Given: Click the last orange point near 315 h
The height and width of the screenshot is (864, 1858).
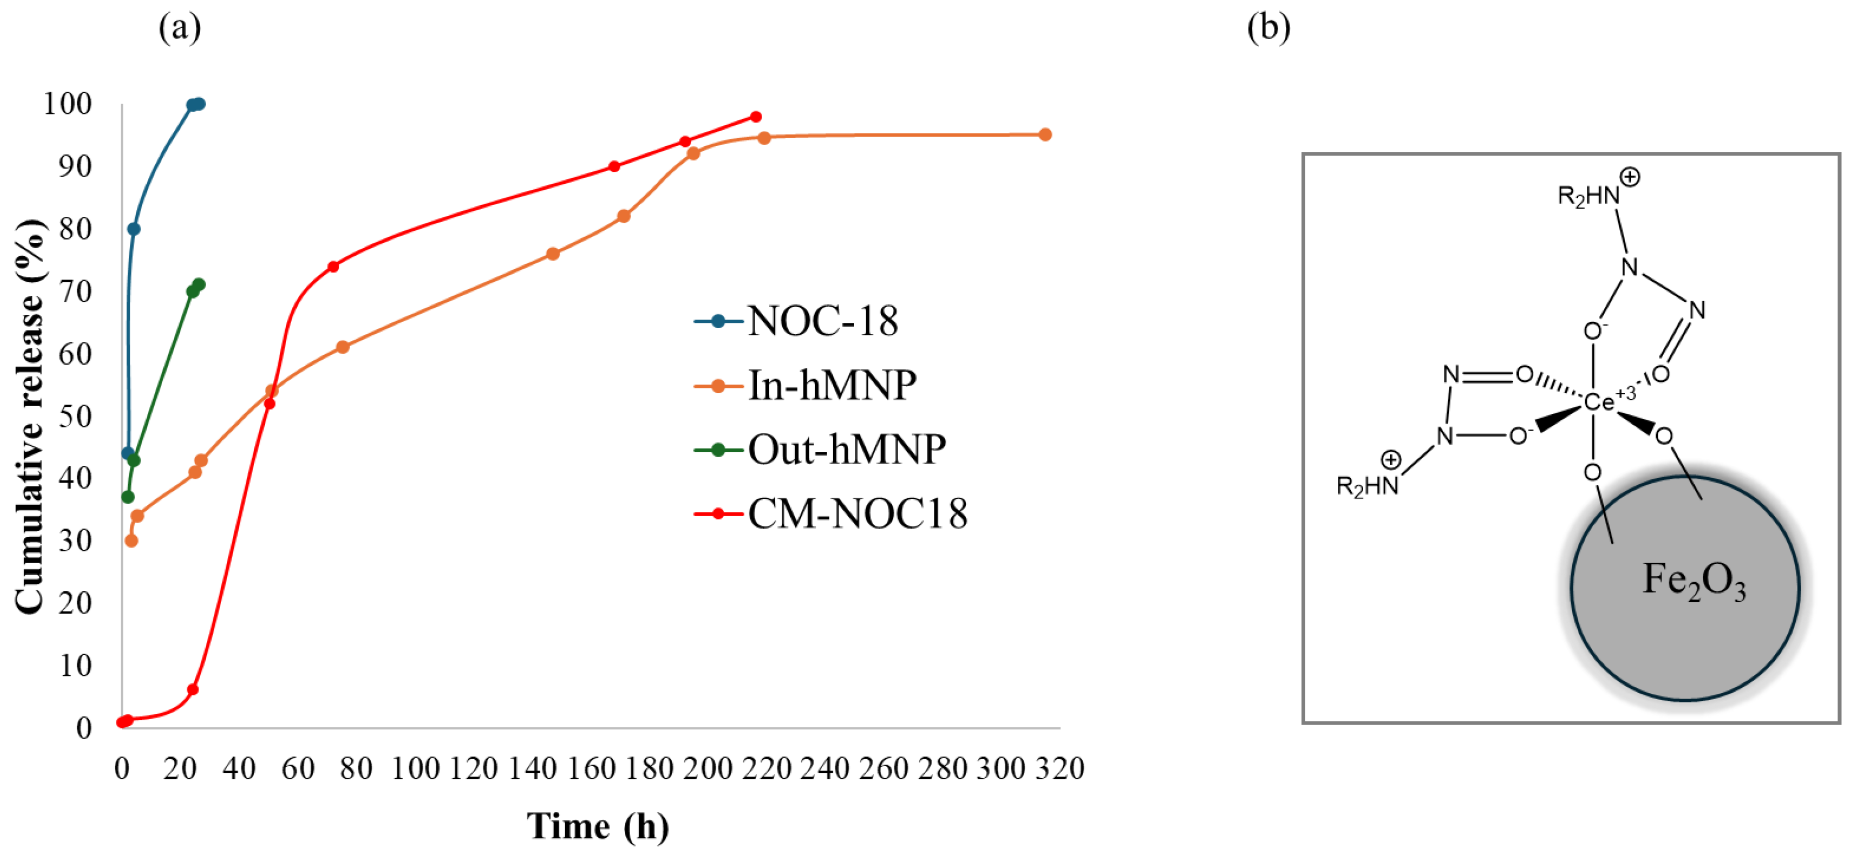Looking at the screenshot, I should (x=1044, y=135).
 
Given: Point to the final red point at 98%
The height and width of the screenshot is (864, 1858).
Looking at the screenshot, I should (x=756, y=117).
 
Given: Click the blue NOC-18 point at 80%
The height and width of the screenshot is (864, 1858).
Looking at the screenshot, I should (x=133, y=229).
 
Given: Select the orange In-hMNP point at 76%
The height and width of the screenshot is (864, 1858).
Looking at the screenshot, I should (x=553, y=254).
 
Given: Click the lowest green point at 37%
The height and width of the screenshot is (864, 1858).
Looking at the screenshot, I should (x=128, y=497).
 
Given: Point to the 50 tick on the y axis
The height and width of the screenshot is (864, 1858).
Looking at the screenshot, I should (x=76, y=417).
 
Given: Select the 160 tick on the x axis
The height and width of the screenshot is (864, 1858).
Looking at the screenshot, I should (x=591, y=769).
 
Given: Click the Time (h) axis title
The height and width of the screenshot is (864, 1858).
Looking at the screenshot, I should (x=597, y=826).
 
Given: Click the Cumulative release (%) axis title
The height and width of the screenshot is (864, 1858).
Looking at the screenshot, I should (x=30, y=417).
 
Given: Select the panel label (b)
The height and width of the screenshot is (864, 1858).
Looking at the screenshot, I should (x=1269, y=28).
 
